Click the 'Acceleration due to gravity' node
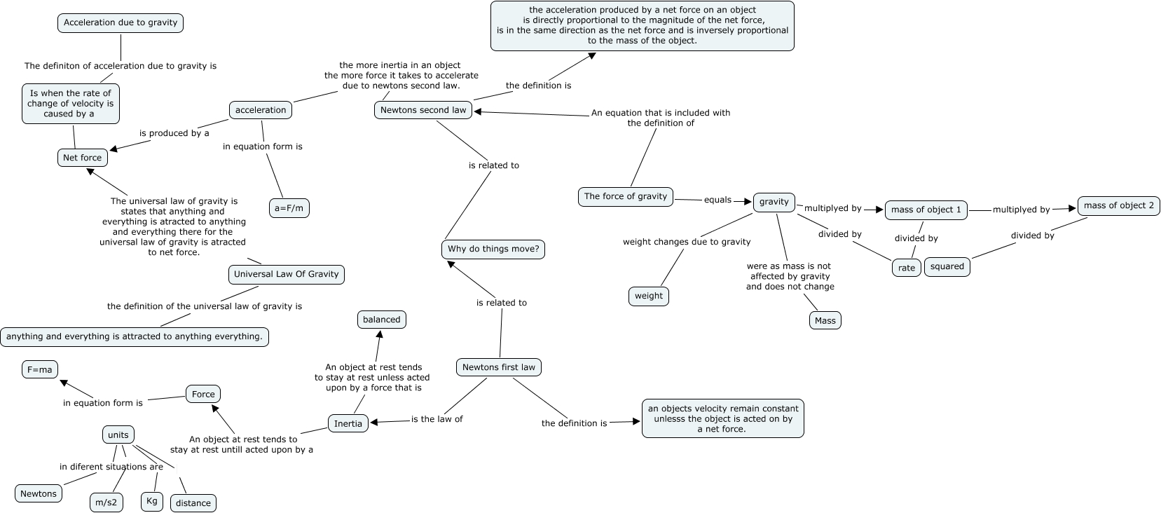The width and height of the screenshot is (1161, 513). click(121, 23)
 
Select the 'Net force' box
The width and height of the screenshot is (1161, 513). click(83, 158)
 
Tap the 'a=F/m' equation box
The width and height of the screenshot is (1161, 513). click(289, 208)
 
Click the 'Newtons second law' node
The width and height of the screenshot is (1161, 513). click(423, 110)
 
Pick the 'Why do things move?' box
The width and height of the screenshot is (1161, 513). click(493, 249)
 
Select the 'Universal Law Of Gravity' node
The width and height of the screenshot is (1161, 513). click(286, 275)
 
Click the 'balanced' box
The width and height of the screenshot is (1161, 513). click(381, 320)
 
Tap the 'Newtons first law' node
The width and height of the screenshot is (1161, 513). click(499, 367)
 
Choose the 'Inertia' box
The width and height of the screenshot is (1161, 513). click(348, 424)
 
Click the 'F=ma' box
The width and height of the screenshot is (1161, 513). click(40, 369)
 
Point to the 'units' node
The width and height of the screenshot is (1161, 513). click(118, 435)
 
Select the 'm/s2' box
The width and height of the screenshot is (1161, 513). click(107, 502)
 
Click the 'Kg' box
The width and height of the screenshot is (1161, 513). click(152, 502)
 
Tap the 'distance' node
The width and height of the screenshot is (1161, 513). click(193, 503)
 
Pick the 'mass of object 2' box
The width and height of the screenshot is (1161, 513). click(1118, 206)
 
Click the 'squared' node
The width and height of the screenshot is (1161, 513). click(947, 267)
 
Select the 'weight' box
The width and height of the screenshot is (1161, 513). click(648, 296)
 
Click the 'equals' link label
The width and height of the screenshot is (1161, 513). click(717, 200)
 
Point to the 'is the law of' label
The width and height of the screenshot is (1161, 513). click(437, 419)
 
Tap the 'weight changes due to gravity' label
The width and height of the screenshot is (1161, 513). click(687, 242)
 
